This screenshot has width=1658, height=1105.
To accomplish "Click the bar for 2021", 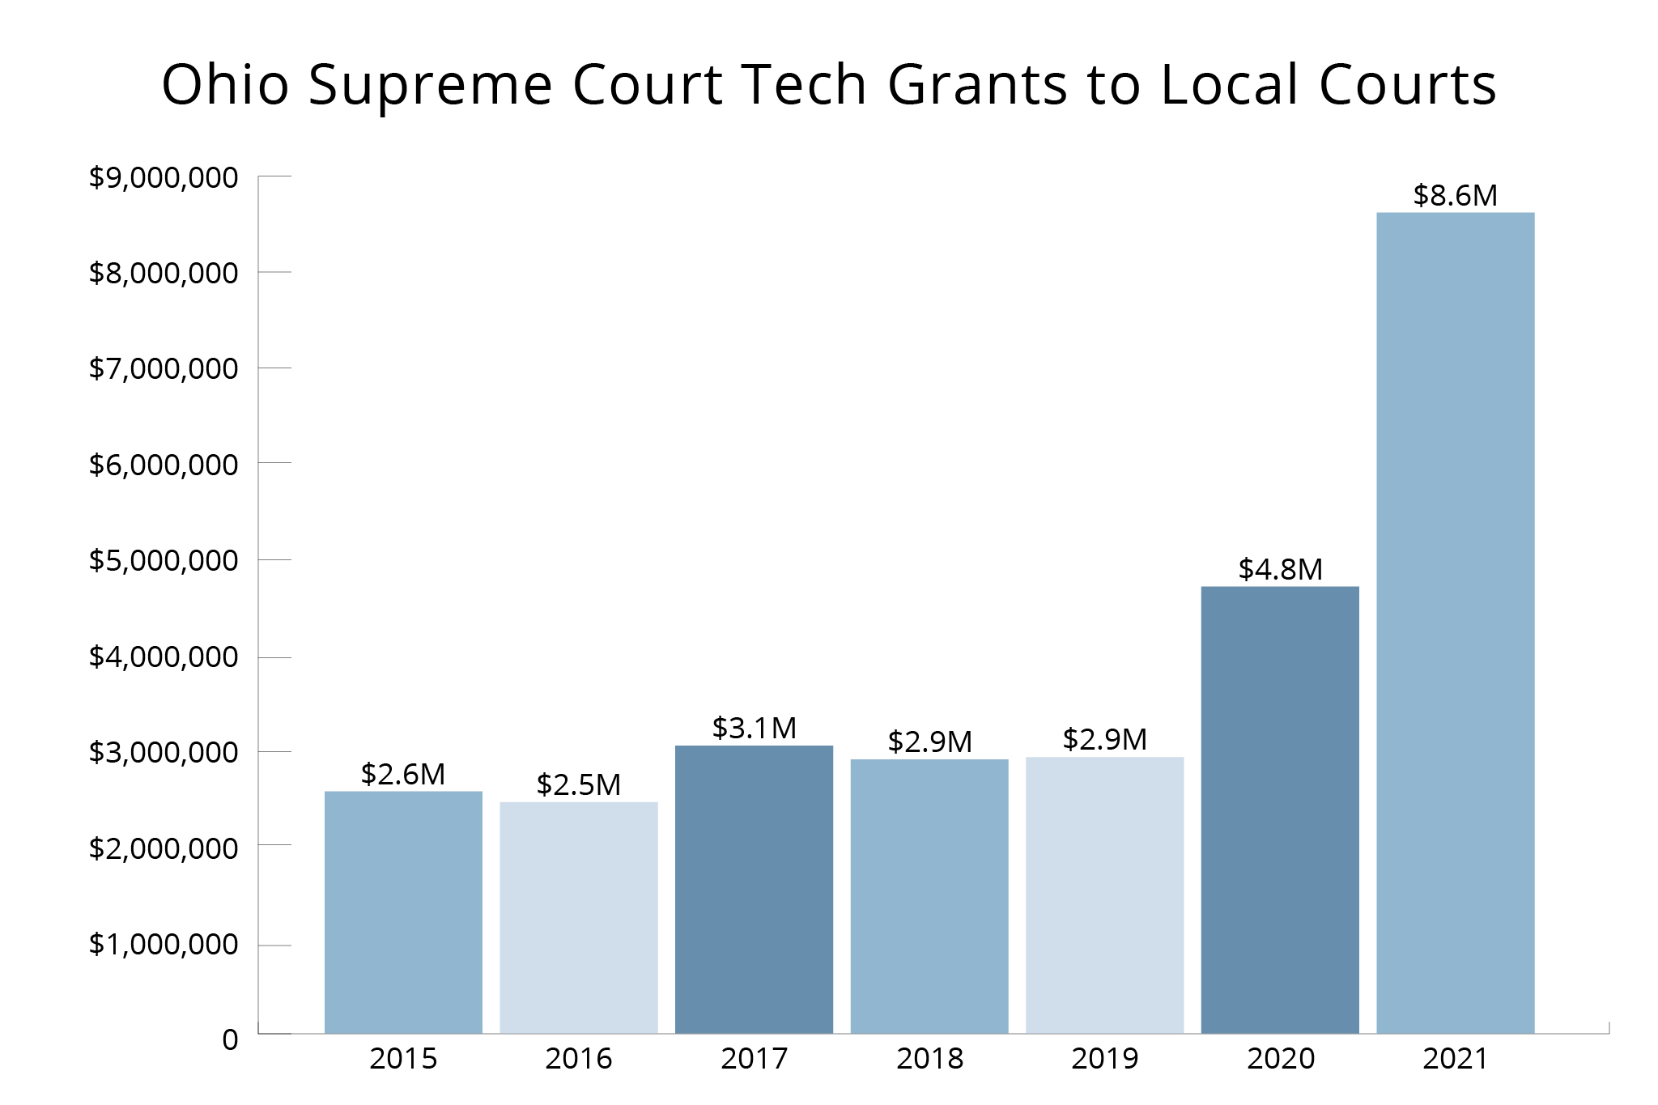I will tap(1455, 623).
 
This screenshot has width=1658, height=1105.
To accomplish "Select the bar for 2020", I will tap(1279, 810).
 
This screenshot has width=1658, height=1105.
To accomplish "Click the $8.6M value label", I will tap(1455, 195).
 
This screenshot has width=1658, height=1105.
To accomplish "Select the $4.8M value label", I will tap(1279, 569).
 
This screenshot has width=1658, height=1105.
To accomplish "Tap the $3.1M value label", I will tap(754, 728).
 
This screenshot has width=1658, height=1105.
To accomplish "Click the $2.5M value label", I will tap(578, 784).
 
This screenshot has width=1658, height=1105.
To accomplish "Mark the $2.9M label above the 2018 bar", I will tap(929, 742).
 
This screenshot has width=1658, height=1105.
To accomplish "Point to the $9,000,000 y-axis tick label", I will tap(164, 177).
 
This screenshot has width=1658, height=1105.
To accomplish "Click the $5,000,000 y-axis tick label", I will tap(164, 560).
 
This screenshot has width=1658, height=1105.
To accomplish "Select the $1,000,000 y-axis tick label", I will tap(164, 944).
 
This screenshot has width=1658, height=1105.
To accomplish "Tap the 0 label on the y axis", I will tap(230, 1039).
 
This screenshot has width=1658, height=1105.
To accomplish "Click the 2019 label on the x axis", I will tap(1104, 1059).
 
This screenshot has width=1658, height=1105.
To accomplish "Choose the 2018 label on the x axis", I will tap(929, 1059).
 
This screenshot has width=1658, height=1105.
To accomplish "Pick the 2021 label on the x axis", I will tap(1455, 1059).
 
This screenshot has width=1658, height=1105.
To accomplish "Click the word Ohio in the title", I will tap(225, 84).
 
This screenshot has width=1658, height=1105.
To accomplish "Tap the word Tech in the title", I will tap(804, 84).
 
